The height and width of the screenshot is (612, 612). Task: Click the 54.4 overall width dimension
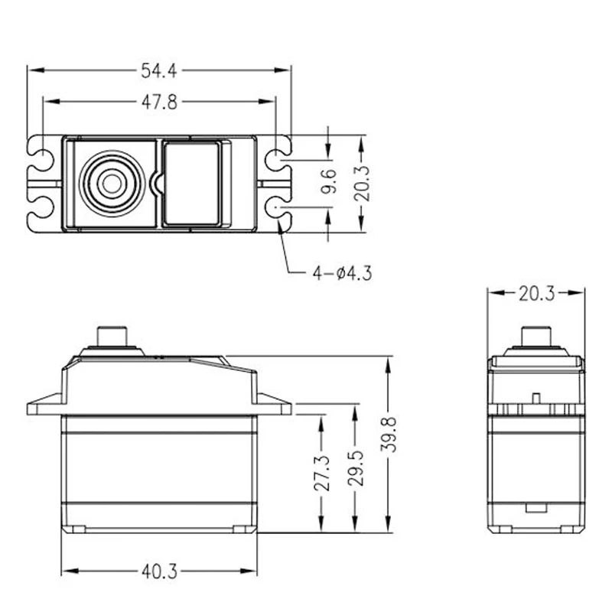point(159,71)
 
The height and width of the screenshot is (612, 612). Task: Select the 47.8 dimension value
point(159,103)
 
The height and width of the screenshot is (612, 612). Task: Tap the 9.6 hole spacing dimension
point(329,181)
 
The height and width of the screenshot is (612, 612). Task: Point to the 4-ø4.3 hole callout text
point(342,273)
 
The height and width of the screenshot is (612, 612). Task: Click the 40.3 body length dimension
point(159,571)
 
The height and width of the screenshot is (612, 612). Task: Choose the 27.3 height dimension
point(322,473)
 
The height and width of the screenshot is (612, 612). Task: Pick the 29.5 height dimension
point(355,468)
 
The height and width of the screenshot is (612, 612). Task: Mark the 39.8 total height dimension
point(389,435)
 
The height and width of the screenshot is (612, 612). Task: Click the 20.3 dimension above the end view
point(536,294)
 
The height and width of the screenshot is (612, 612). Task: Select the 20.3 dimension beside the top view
point(361,184)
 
